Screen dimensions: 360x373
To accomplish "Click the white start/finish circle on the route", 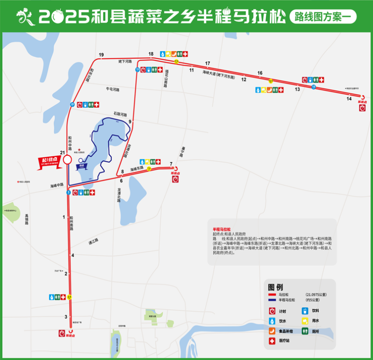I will [x=67, y=160].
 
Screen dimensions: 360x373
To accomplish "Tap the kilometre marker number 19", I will [x=101, y=55].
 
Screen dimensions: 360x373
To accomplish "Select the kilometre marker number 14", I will [x=349, y=98].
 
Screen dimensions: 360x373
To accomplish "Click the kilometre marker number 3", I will [x=66, y=317].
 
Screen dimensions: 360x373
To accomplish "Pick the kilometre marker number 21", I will [x=62, y=152].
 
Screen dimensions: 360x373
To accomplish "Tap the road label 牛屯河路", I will [x=113, y=89].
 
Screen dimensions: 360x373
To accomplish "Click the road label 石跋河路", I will [x=120, y=113].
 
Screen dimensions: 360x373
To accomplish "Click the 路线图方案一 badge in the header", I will [x=323, y=17].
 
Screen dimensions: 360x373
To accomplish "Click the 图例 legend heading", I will [x=276, y=287].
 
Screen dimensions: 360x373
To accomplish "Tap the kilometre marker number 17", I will [x=207, y=63].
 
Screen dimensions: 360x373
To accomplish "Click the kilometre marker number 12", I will [x=243, y=80].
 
